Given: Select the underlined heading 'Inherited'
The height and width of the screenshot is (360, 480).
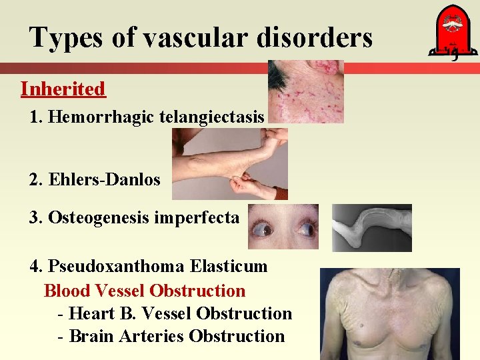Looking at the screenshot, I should (x=63, y=89).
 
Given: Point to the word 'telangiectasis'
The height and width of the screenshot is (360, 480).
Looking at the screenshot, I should (x=213, y=117).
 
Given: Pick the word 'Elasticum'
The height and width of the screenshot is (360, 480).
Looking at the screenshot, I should (x=229, y=267).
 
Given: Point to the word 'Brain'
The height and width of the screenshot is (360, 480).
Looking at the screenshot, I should (x=91, y=336).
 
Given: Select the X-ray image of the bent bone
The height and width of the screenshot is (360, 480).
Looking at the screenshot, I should (x=372, y=227).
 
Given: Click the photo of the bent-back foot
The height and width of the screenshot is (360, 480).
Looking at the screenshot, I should (x=230, y=164).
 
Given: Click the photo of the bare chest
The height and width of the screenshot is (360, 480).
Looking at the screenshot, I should (x=389, y=313).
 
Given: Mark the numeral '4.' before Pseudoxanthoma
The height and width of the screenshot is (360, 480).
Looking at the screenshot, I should (x=37, y=267).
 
